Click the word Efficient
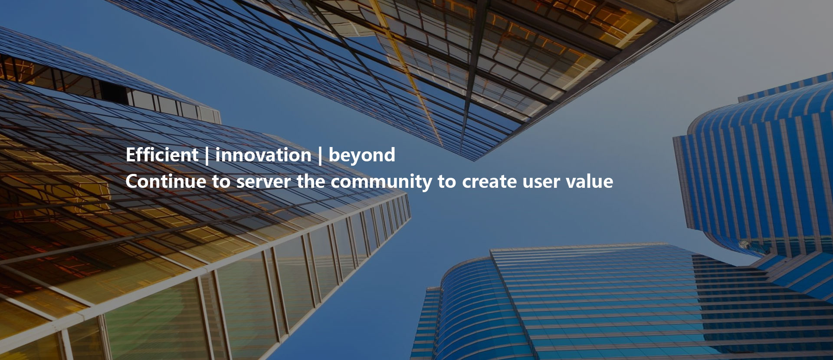click(162, 155)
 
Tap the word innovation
click(263, 155)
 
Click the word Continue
click(166, 181)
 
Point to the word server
click(263, 182)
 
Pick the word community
click(381, 183)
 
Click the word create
click(489, 182)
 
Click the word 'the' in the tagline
click(311, 181)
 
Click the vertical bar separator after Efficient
click(207, 156)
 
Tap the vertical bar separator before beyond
click(320, 156)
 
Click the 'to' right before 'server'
click(221, 182)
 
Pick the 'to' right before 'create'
click(447, 182)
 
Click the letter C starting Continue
click(132, 181)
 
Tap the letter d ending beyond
click(389, 155)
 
